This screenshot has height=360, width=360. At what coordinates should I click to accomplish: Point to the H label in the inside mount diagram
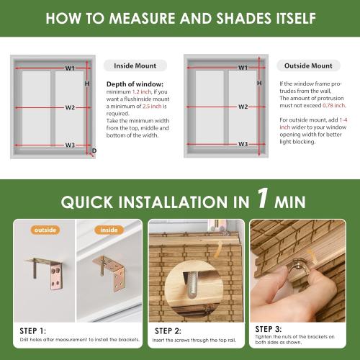pyautogui.click(x=87, y=84)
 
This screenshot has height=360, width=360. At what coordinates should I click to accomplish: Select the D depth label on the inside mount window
pyautogui.click(x=94, y=150)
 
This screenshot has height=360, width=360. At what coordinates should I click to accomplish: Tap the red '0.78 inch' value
pyautogui.click(x=322, y=107)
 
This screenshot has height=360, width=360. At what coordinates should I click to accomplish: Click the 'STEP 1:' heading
pyautogui.click(x=35, y=328)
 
